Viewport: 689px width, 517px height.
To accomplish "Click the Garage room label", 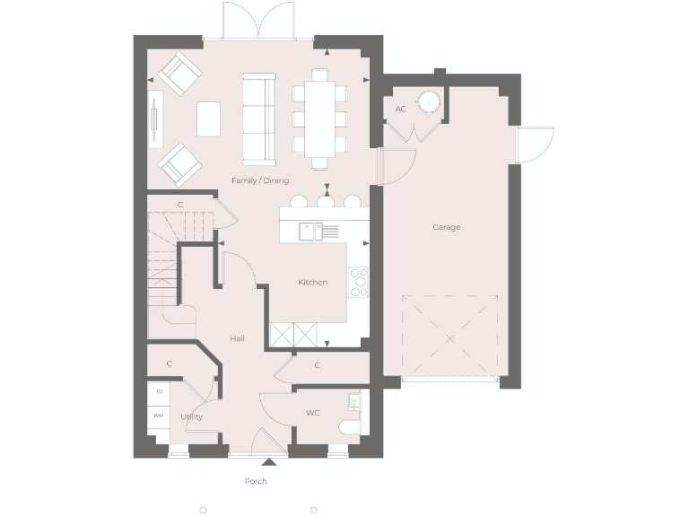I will coord(446,227).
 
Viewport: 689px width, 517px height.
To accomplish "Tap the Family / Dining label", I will coord(260,180).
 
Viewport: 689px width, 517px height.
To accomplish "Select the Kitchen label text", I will coord(312,283).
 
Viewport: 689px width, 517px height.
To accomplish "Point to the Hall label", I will coord(237,338).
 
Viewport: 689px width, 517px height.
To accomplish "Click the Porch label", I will coord(256,482).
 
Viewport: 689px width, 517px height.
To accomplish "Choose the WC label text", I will coord(312,413).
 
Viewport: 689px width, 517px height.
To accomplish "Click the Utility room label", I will coord(191,417).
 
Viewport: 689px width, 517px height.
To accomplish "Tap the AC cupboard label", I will coord(400,110).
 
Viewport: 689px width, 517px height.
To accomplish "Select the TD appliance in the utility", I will coord(159,392).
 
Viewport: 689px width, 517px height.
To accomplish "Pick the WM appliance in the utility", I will coord(159,416).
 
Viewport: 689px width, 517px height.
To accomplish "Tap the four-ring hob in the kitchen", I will coord(359,281).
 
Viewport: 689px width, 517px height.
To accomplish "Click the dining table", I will coord(320,118).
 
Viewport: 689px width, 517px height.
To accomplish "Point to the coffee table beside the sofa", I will coord(209,118).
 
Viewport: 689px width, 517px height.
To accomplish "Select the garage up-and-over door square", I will coord(449,335).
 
